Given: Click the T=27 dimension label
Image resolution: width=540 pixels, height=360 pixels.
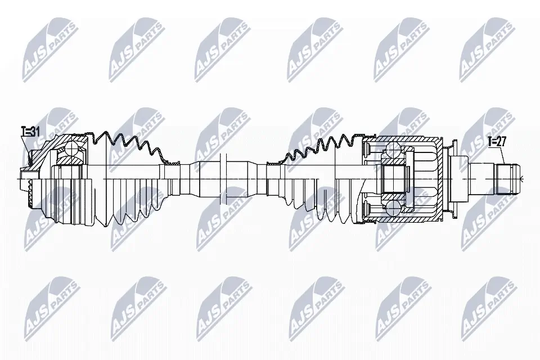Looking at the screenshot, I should point(497,142).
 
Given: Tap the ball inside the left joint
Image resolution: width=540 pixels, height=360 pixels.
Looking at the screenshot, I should point(72,148).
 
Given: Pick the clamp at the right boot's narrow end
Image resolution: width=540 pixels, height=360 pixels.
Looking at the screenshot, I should point(273,162).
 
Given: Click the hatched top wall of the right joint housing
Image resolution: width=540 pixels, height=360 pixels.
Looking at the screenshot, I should point(405,139).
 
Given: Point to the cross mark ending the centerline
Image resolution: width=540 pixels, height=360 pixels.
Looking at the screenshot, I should point(522,179).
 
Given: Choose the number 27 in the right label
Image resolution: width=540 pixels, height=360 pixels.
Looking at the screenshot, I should point(501,142).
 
